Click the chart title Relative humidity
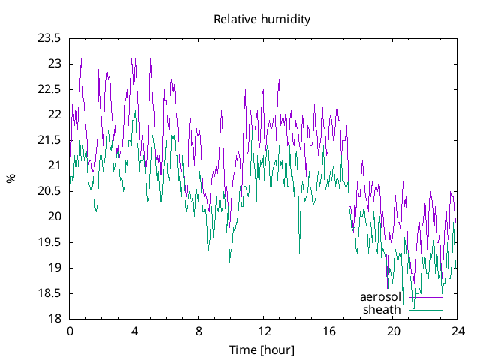(262, 19)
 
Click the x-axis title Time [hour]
(262, 350)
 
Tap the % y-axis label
(10, 178)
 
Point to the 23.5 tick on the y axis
(50, 39)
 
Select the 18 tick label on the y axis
(55, 319)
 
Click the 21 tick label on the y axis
(55, 166)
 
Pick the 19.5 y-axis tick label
(50, 242)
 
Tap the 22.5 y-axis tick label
(50, 89)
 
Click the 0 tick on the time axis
(70, 331)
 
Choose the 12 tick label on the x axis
(264, 331)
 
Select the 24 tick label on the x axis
(458, 331)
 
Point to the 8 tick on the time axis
(199, 331)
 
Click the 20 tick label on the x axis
(394, 331)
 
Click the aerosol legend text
(381, 297)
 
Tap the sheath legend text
(382, 309)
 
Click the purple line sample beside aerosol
(425, 298)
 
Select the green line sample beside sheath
(425, 310)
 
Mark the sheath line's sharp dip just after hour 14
(299, 251)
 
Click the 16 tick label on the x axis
(328, 331)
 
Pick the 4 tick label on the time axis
(134, 331)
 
